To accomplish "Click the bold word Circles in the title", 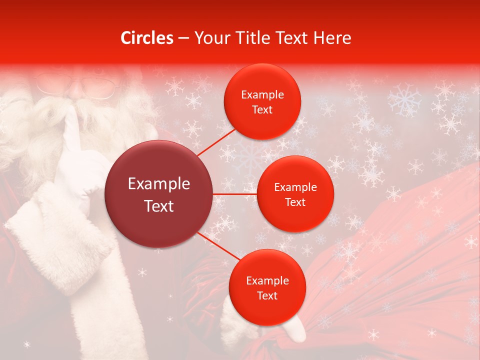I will click(146, 38).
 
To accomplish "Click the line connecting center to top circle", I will click(216, 142).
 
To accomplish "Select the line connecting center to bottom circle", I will click(219, 247).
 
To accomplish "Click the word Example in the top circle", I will click(262, 95).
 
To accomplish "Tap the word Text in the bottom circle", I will click(267, 296).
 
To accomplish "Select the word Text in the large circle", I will click(159, 206).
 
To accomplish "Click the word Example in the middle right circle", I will click(295, 187).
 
